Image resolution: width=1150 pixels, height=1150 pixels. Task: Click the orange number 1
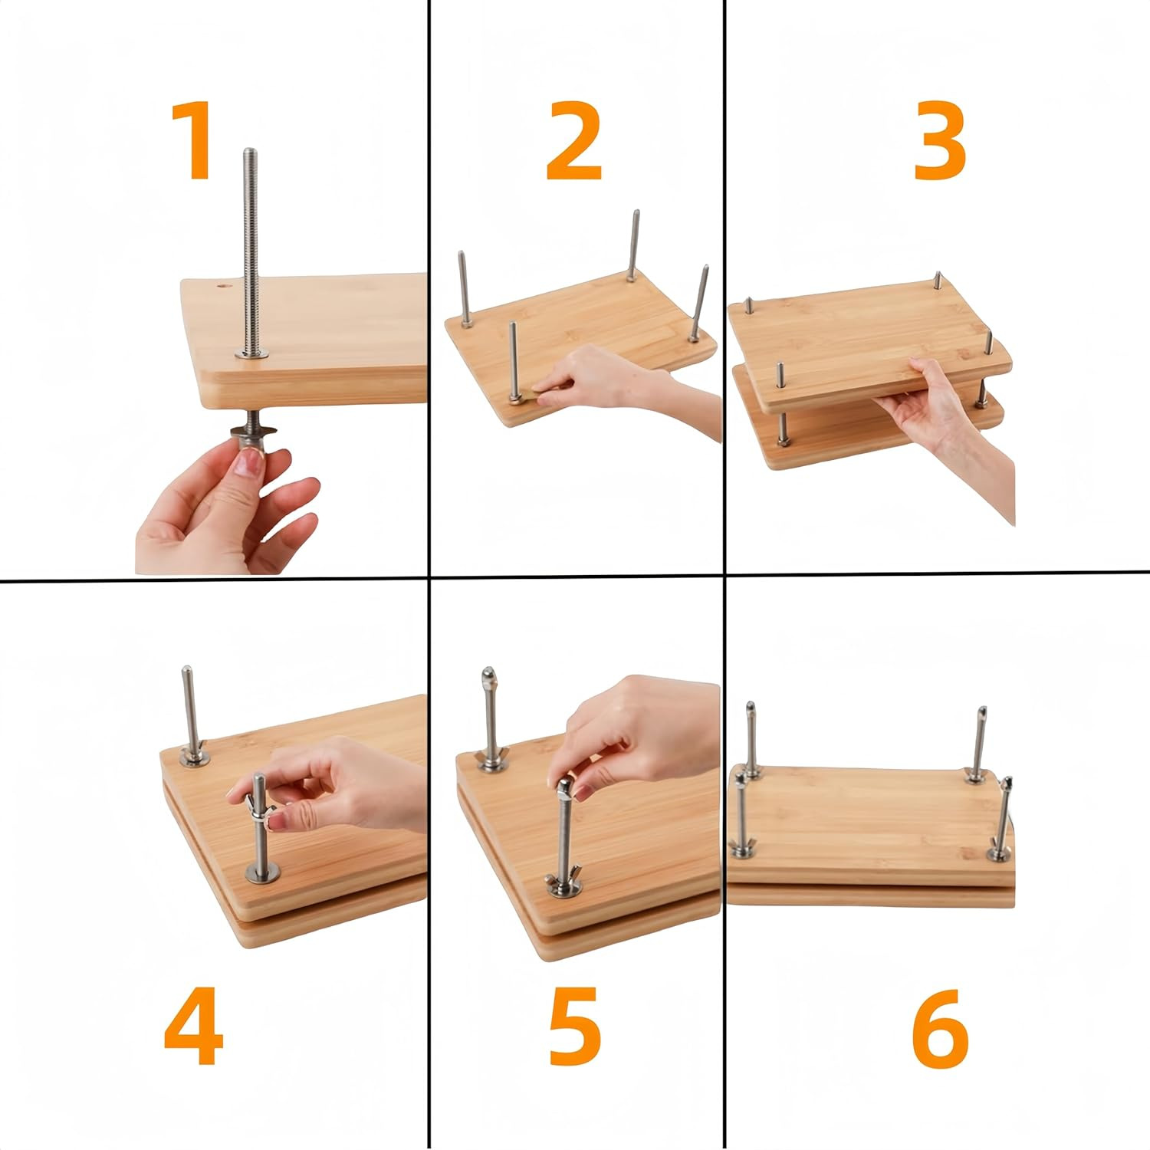192,141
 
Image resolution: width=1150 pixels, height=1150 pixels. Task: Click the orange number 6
940,1027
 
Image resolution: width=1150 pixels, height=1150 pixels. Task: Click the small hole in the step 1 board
224,287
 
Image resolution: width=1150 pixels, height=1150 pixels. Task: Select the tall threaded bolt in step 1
251,245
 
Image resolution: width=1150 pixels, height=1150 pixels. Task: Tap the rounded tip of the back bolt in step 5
488,678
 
